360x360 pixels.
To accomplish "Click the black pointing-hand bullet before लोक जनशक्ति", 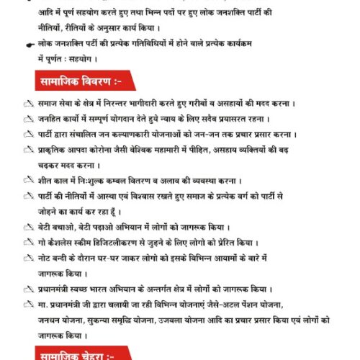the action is click(x=29, y=44).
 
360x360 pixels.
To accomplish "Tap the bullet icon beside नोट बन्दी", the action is click(x=28, y=256).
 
